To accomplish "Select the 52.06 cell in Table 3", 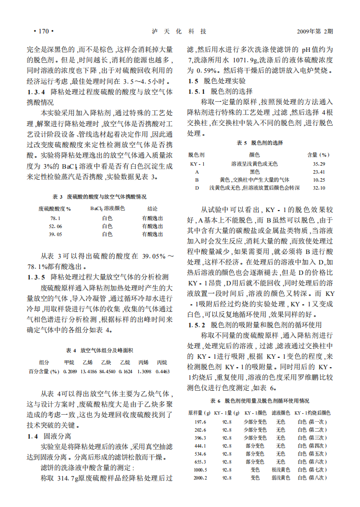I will pyautogui.click(x=55, y=226).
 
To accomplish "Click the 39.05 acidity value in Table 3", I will pyautogui.click(x=55, y=234).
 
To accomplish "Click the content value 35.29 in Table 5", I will pyautogui.click(x=319, y=164).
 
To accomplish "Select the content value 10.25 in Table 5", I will pyautogui.click(x=319, y=180).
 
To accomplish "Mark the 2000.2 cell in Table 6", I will pyautogui.click(x=200, y=478).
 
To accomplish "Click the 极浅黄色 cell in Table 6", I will pyautogui.click(x=281, y=470).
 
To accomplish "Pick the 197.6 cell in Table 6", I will pyautogui.click(x=200, y=422).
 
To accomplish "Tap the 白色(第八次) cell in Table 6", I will pyautogui.click(x=312, y=478).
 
